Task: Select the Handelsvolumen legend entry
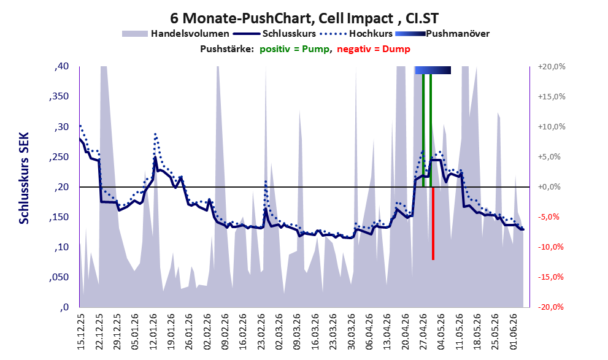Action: [175, 34]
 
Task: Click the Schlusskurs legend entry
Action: [274, 34]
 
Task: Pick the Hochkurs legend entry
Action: [356, 34]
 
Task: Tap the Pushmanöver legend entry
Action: [442, 34]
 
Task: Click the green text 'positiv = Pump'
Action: [294, 49]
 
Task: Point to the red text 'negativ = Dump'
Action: [374, 49]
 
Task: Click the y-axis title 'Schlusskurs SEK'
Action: [24, 178]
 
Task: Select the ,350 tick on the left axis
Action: [59, 96]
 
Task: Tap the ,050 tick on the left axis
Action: [59, 277]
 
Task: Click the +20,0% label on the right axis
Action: [552, 67]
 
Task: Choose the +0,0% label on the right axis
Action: [550, 187]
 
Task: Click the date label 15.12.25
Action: [80, 331]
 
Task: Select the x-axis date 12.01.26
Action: [153, 331]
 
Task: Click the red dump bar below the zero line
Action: [433, 224]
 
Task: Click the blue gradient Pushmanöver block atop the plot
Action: [433, 70]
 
